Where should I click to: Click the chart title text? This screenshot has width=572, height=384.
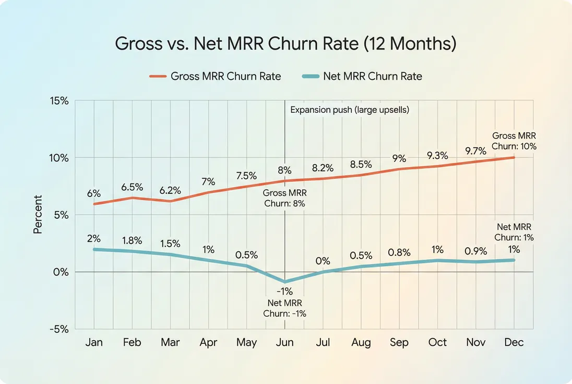[x=285, y=43]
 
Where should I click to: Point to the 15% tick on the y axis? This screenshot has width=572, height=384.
[x=58, y=101]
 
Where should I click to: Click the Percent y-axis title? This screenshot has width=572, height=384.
[x=38, y=214]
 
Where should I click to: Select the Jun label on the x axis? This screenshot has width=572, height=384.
[x=284, y=343]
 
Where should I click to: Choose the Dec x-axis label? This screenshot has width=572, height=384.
[x=514, y=343]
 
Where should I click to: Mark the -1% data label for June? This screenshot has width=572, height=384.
[x=284, y=291]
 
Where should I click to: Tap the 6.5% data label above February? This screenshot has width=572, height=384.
[x=133, y=187]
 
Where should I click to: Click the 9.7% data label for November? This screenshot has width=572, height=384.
[x=475, y=151]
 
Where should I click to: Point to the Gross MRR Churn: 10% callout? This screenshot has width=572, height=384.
[x=514, y=141]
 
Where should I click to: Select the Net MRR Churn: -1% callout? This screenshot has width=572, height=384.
[x=284, y=308]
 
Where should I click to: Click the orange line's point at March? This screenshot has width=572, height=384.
[x=171, y=201]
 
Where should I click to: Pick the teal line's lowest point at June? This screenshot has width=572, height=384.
[x=284, y=282]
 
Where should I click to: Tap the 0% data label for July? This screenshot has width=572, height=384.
[x=323, y=261]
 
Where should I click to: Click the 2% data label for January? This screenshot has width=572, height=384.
[x=94, y=238]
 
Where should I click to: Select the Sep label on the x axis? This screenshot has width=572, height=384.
[x=399, y=343]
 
